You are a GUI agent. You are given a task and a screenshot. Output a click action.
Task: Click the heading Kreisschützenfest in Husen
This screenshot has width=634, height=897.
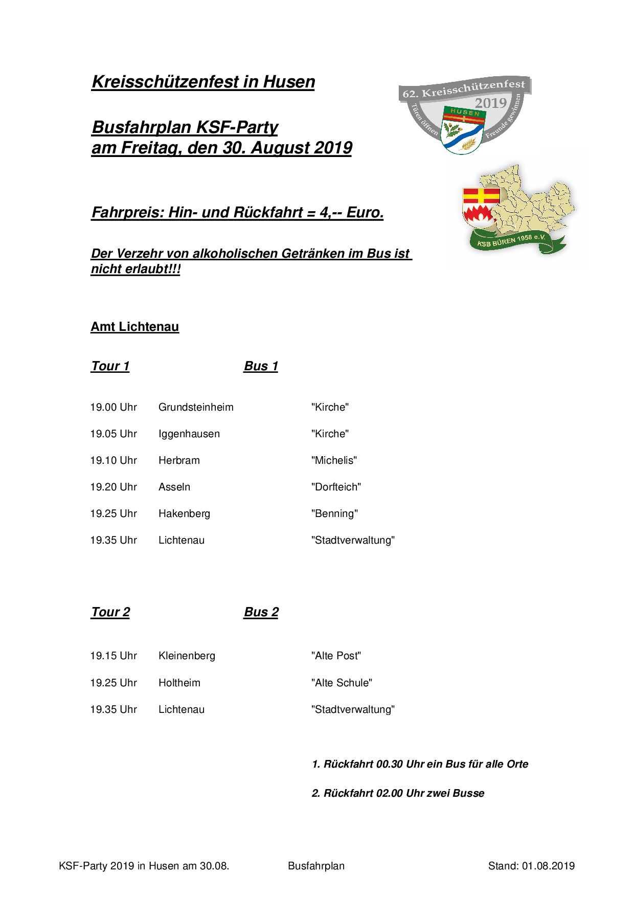click(x=203, y=82)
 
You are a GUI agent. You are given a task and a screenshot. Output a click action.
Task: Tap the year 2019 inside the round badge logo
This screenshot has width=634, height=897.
click(x=490, y=103)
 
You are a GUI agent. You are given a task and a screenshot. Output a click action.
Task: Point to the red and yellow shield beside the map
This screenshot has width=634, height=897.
click(x=480, y=206)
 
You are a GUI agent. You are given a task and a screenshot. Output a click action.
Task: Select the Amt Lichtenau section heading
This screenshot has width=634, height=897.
click(x=135, y=327)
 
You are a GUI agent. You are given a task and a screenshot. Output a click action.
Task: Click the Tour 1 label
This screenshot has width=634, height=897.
click(x=110, y=366)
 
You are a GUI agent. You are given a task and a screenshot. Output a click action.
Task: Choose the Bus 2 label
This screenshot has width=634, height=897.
click(x=261, y=612)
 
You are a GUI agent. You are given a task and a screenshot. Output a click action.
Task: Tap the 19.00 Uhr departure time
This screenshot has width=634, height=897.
click(x=114, y=408)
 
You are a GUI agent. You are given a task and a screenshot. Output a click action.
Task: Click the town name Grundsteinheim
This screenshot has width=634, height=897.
click(x=196, y=408)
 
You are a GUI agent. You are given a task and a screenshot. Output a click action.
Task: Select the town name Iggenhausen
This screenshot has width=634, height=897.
click(x=189, y=434)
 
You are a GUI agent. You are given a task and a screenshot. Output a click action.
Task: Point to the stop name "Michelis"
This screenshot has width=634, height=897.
click(x=334, y=461)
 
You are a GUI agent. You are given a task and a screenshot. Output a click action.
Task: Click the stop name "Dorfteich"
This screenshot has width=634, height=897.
click(x=336, y=487)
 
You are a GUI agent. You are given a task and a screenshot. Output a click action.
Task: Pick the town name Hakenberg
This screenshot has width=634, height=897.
click(x=184, y=514)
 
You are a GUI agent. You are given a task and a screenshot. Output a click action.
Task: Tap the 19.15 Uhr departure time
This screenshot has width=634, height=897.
click(x=114, y=656)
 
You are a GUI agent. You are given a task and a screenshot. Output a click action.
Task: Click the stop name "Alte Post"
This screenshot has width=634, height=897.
click(x=336, y=656)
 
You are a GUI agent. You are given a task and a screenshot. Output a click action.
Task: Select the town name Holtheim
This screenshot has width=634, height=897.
click(x=179, y=683)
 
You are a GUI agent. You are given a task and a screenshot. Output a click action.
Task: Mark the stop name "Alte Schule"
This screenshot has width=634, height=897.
click(x=342, y=683)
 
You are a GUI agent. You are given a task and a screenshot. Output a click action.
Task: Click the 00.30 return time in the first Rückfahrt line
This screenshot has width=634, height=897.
click(x=390, y=765)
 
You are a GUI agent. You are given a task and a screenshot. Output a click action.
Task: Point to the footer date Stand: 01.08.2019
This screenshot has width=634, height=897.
click(x=531, y=866)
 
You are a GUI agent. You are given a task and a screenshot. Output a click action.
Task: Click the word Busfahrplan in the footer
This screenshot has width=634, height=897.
click(x=316, y=866)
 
